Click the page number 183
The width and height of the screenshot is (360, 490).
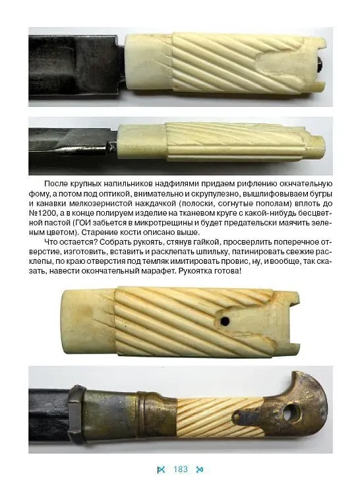click(180, 470)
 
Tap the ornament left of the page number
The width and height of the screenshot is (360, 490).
click(161, 470)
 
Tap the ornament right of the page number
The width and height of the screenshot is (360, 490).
click(200, 470)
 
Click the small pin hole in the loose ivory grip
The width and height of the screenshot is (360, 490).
click(226, 321)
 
